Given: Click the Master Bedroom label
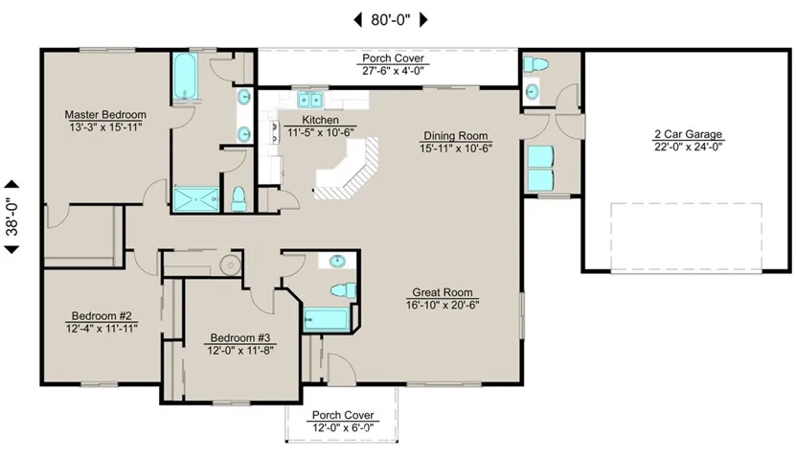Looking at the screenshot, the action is [x=105, y=115].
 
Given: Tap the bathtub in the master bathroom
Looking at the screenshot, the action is [x=184, y=77].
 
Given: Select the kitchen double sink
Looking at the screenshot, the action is [x=309, y=100].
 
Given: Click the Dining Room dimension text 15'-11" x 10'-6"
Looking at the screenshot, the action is [x=456, y=149].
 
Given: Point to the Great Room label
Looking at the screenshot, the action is [x=443, y=292].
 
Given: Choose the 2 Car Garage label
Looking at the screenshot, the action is [x=688, y=134].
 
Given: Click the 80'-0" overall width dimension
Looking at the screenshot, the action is [x=391, y=20].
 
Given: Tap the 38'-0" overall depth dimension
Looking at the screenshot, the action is [x=11, y=217].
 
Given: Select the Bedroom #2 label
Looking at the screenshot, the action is [x=102, y=316].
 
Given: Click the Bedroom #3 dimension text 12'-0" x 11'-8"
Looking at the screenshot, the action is [x=240, y=351].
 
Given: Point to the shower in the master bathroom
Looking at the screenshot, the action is [x=196, y=199].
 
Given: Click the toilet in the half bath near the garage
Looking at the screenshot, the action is [x=535, y=64].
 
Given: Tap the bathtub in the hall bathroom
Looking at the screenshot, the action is [x=327, y=319].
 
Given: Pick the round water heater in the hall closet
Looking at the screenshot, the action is [x=230, y=265].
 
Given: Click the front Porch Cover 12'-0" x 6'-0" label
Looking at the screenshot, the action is [x=343, y=422].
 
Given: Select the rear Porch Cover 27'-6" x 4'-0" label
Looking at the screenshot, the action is [x=393, y=64].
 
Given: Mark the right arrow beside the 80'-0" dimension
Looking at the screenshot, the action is [x=423, y=20].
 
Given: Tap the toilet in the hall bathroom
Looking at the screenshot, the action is [x=343, y=291].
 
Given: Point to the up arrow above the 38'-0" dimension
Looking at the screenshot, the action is [x=11, y=184].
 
